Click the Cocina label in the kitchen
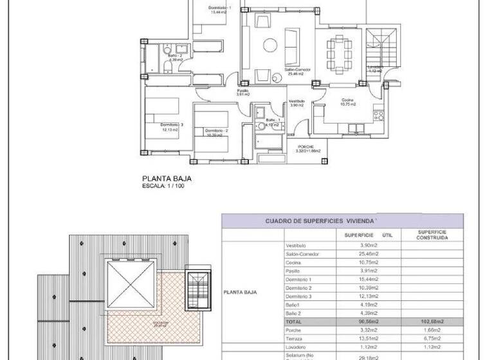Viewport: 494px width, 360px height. (347, 101)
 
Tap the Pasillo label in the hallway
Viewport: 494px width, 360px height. (242, 91)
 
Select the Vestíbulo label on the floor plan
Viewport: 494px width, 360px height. (297, 101)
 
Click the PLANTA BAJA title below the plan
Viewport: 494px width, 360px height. (167, 179)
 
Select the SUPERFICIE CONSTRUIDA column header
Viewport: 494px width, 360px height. (432, 235)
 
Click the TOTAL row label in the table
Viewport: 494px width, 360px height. (294, 321)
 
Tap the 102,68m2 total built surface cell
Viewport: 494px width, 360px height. (432, 321)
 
